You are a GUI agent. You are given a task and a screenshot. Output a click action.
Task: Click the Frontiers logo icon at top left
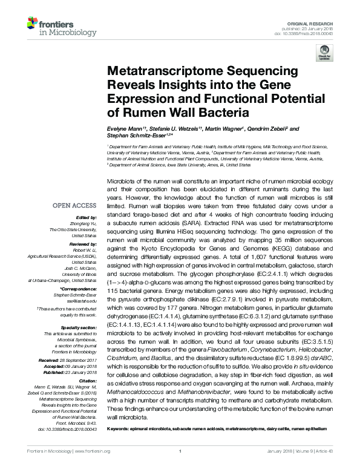(34, 24)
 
